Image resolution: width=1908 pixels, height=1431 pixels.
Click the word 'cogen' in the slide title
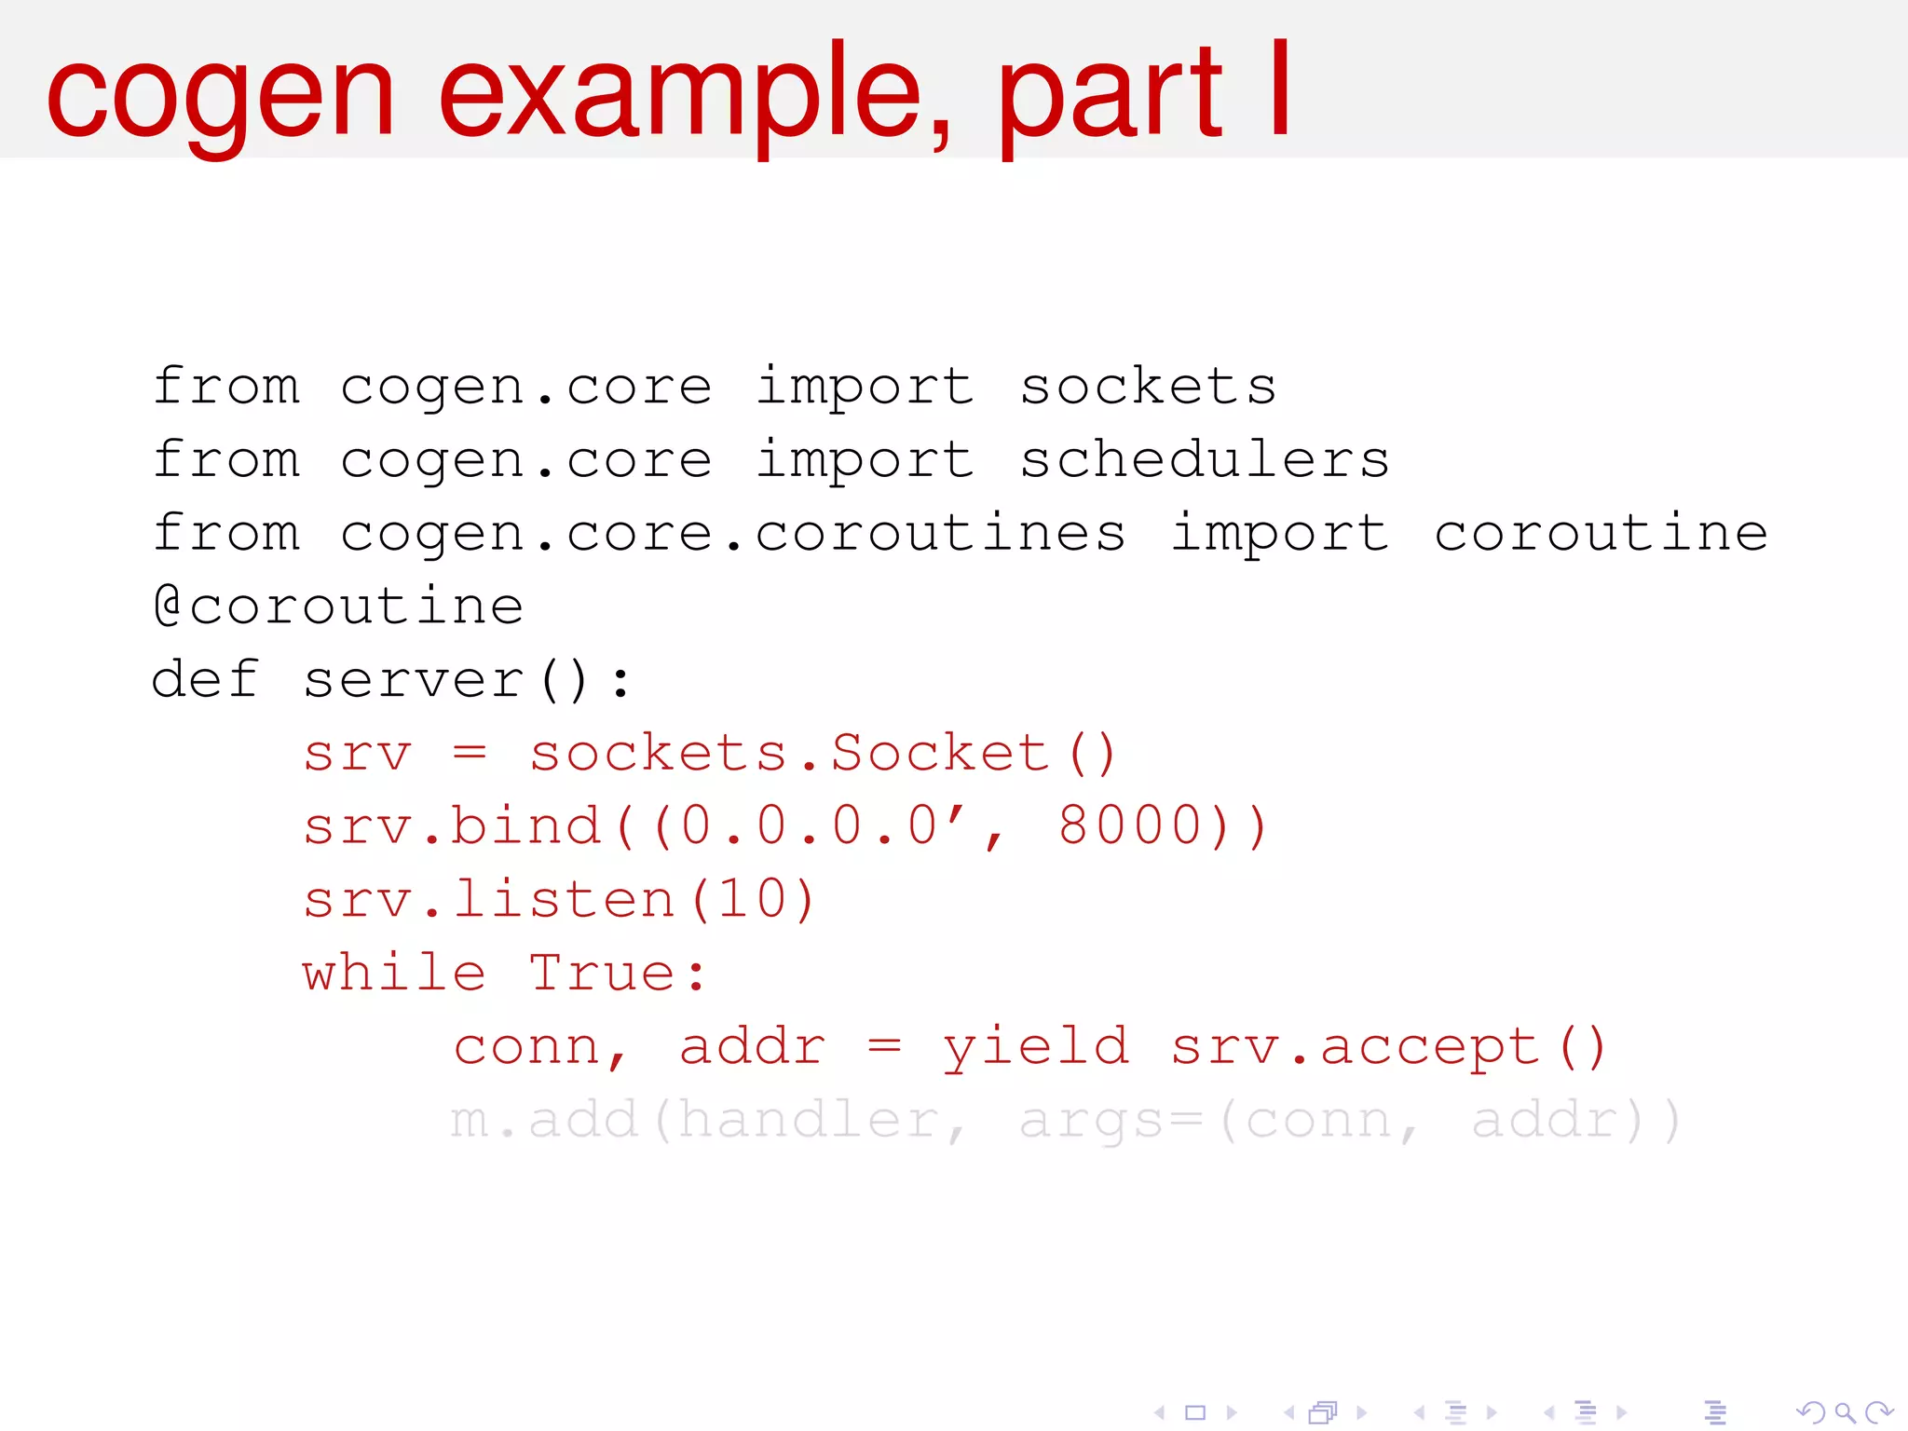click(221, 97)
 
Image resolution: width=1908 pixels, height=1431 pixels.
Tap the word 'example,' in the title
click(695, 97)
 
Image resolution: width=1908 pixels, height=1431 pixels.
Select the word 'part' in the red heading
click(1109, 97)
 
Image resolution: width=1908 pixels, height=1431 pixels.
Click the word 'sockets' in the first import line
click(1148, 387)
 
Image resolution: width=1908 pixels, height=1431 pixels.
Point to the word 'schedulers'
click(1204, 460)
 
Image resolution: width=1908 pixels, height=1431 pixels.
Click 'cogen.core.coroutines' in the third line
click(732, 534)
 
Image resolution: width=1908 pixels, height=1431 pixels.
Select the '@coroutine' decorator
click(338, 606)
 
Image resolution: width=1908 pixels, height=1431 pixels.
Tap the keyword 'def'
click(204, 679)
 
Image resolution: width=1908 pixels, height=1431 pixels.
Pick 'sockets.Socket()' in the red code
click(823, 754)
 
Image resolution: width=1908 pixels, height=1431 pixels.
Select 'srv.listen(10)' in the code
click(559, 900)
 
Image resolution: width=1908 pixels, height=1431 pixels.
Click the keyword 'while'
click(394, 974)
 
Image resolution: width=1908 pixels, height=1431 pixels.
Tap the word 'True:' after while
click(618, 974)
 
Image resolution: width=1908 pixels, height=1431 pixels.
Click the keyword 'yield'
click(1036, 1047)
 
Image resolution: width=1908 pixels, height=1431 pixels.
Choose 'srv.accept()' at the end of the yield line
click(1388, 1047)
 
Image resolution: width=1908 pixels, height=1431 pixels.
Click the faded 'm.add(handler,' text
click(708, 1120)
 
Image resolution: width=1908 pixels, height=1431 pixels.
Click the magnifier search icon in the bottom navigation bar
click(1844, 1413)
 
